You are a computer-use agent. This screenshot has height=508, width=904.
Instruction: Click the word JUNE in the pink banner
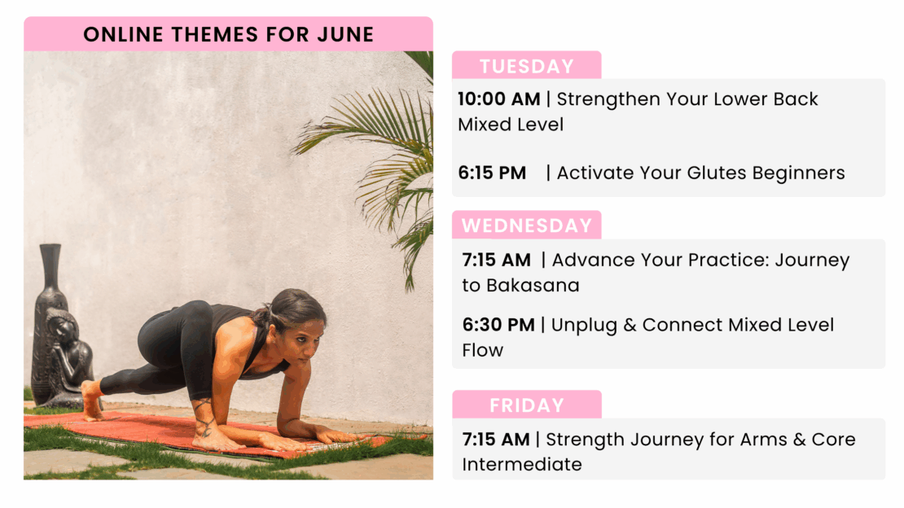(345, 34)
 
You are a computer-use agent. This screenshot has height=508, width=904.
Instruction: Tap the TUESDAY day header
(526, 66)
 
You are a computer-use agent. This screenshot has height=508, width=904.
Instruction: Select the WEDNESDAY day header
(526, 225)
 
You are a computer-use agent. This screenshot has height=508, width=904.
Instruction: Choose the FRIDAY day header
(526, 405)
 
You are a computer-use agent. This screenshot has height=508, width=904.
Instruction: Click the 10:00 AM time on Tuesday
(498, 99)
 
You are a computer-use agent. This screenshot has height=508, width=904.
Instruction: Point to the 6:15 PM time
(492, 173)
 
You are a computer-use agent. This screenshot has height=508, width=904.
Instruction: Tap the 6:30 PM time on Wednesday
(498, 325)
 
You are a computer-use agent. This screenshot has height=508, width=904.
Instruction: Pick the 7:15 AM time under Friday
(496, 440)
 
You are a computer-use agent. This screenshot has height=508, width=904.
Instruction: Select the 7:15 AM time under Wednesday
(497, 260)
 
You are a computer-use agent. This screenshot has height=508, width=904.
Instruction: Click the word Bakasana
(533, 286)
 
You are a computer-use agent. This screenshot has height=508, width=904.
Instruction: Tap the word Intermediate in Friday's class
(522, 464)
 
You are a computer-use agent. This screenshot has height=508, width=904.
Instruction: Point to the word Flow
(483, 350)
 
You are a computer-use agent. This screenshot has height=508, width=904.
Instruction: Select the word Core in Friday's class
(834, 440)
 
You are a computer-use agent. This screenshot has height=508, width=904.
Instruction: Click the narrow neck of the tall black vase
(50, 266)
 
